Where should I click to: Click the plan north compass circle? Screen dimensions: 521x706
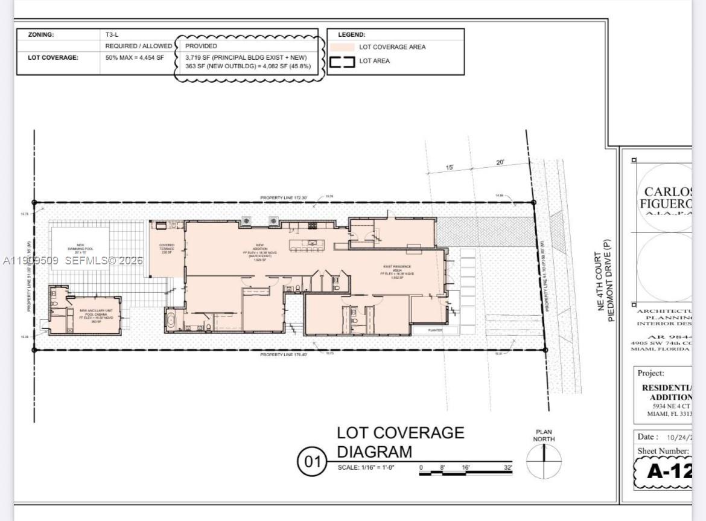(544, 462)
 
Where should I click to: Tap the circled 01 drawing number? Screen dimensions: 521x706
(312, 462)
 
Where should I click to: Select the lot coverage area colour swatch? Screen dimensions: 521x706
(342, 47)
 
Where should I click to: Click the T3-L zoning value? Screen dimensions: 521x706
(112, 34)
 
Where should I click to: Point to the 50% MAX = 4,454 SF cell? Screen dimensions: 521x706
(135, 57)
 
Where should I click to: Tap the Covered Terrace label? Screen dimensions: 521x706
(167, 249)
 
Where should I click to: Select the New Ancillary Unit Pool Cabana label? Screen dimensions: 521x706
(100, 316)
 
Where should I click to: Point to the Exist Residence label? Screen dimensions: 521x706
(397, 272)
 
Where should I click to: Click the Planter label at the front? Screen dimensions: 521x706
(435, 330)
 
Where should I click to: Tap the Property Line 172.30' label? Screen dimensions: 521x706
(284, 197)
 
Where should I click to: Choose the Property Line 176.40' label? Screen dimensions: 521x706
(284, 354)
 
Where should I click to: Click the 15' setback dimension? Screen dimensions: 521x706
(450, 167)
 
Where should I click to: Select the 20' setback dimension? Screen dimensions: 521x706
(500, 162)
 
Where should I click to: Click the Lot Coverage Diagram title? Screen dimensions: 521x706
(400, 442)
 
